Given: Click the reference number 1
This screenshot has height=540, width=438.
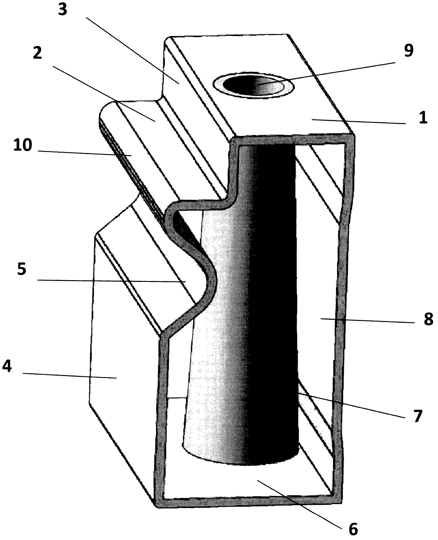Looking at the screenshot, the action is coord(423,118).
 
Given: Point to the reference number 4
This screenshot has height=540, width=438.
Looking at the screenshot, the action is coord(7,367).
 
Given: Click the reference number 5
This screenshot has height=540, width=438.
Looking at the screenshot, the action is coord(22,269).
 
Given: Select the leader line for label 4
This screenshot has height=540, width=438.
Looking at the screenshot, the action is coord(70,375).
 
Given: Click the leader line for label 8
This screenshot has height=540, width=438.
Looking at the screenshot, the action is coord(368,321).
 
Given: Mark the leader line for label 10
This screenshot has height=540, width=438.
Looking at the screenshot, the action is coord(84,153).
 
